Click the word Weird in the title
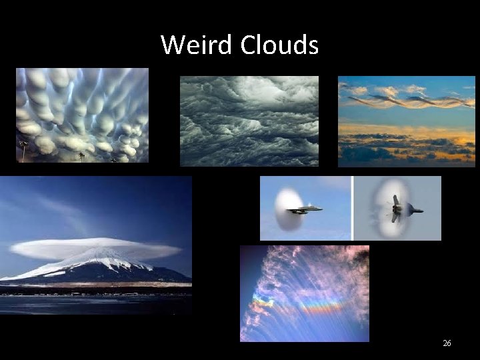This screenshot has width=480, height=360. point(197,45)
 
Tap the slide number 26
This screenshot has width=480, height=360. point(447,343)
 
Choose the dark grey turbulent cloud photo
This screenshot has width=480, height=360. point(249,121)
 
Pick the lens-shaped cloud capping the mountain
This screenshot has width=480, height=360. point(95,248)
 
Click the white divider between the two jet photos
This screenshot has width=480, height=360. point(352,208)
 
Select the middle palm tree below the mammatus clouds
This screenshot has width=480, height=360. point(82,157)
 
